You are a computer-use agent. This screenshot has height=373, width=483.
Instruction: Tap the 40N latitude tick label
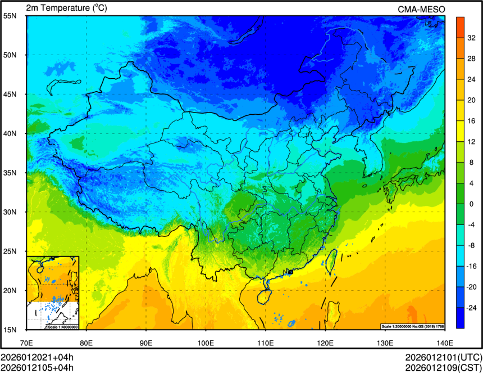[x=10, y=133]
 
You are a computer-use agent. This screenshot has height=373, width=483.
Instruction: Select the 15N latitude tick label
[x=10, y=329]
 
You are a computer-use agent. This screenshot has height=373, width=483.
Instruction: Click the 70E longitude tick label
[x=26, y=342]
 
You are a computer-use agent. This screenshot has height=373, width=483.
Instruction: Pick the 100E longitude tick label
[x=206, y=342]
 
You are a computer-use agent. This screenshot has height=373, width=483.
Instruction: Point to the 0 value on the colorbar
[x=471, y=203]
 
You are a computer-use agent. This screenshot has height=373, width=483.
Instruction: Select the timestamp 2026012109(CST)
[x=443, y=368]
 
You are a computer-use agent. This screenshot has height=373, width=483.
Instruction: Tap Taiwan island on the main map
[x=331, y=262]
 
